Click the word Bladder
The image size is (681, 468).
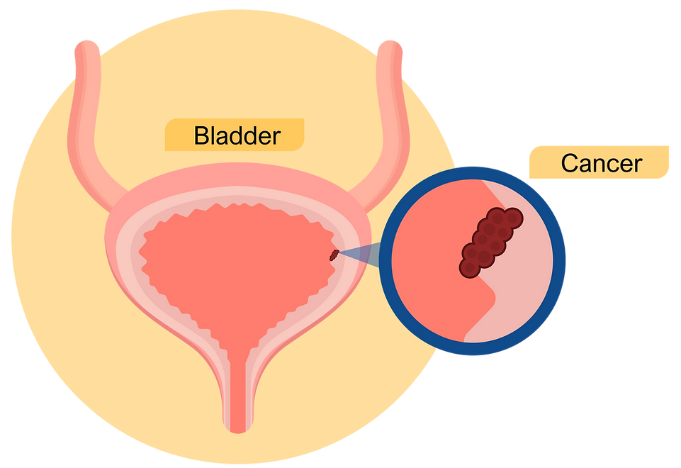point(237,135)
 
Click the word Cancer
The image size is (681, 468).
point(602,163)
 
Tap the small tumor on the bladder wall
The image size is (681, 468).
point(334,255)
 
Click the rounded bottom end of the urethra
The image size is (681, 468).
point(238,428)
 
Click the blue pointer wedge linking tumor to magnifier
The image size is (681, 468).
point(359,257)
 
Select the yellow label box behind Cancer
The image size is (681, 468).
point(599,162)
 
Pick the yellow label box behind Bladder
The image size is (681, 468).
point(235,135)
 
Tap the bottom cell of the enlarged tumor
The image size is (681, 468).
point(470,268)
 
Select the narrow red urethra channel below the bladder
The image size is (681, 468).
point(238,391)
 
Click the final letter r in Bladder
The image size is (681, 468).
point(276,138)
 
